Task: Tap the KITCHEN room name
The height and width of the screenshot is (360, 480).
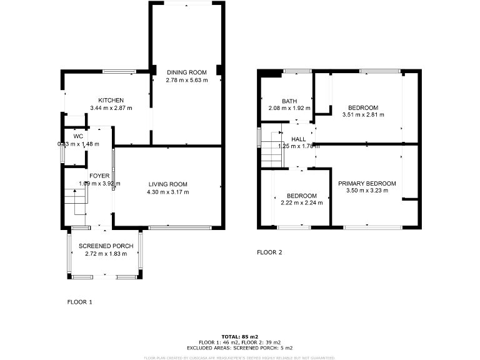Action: [x=111, y=101]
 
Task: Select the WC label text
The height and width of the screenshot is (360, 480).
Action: [x=78, y=136]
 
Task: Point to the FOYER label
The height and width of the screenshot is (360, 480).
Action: [x=99, y=176]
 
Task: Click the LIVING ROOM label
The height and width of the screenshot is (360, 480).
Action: [x=168, y=184]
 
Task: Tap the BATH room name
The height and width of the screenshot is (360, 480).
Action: [x=289, y=101]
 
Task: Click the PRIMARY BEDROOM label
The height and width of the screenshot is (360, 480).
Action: [x=367, y=184]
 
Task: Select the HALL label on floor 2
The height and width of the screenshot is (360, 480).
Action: [x=298, y=139]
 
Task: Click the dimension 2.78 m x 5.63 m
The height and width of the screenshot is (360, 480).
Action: [x=186, y=81]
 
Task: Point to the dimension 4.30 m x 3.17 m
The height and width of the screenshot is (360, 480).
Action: [x=168, y=192]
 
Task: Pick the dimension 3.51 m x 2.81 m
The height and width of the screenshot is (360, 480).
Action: [x=363, y=115]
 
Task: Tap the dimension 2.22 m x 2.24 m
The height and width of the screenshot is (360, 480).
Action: [x=301, y=203]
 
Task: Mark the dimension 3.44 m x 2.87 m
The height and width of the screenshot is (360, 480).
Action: [x=111, y=108]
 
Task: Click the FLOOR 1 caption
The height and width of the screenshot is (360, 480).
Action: [x=79, y=302]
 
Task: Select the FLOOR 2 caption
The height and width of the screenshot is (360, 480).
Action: [x=269, y=252]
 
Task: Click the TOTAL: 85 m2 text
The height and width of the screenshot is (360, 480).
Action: [x=239, y=337]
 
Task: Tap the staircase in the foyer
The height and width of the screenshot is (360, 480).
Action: [x=74, y=201]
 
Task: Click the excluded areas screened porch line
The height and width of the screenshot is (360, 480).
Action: [x=239, y=347]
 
